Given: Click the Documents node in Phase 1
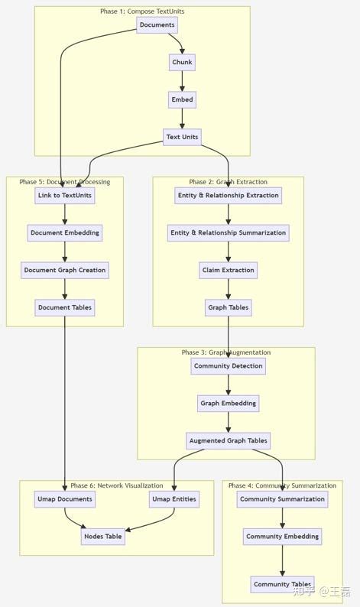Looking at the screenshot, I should (157, 25).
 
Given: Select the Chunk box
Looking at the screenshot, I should (182, 62).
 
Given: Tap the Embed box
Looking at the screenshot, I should (182, 99).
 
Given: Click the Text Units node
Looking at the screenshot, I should (182, 137).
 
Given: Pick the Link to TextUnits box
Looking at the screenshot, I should (65, 196).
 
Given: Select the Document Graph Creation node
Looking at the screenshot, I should (65, 270).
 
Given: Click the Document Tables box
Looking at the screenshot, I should (65, 307).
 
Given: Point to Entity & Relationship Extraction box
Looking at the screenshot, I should (228, 196).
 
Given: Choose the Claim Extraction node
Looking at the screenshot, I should (228, 270).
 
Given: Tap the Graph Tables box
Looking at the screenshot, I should (228, 307).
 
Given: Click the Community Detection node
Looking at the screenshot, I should (228, 365).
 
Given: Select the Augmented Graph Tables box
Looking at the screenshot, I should (228, 440).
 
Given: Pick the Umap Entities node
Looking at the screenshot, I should (174, 499).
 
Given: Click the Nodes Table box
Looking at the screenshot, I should (102, 536).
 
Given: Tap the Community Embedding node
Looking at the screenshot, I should (282, 537).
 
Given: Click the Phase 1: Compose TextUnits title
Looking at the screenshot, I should (142, 11).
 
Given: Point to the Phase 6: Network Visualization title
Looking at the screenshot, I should (117, 485).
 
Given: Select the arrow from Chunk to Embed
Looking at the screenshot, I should (182, 81).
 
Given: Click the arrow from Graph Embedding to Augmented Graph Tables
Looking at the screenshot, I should (228, 422).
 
